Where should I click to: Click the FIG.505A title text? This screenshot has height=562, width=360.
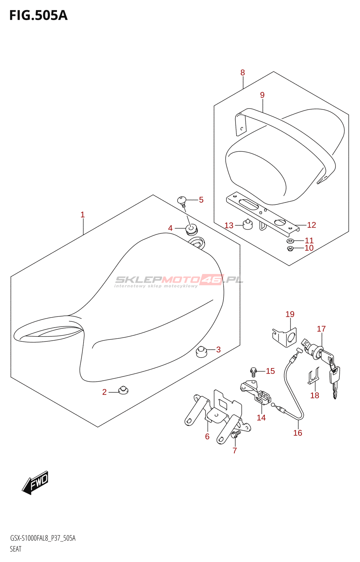click(38, 15)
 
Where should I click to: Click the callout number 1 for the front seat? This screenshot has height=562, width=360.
click(83, 215)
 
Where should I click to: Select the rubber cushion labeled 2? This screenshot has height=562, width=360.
click(123, 390)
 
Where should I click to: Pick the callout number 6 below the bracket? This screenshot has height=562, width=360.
click(207, 437)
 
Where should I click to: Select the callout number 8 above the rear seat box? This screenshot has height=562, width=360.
click(243, 73)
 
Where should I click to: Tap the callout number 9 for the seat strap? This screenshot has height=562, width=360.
click(262, 95)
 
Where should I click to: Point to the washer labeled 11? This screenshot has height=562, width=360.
click(290, 241)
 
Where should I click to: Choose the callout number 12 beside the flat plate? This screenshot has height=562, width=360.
click(311, 225)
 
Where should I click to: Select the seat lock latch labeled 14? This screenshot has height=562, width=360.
click(260, 395)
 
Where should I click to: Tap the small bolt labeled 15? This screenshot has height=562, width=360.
click(253, 371)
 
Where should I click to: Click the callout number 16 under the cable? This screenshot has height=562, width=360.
click(298, 433)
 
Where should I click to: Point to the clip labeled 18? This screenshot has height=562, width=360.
click(314, 377)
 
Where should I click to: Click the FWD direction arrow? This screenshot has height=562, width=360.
click(35, 482)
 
